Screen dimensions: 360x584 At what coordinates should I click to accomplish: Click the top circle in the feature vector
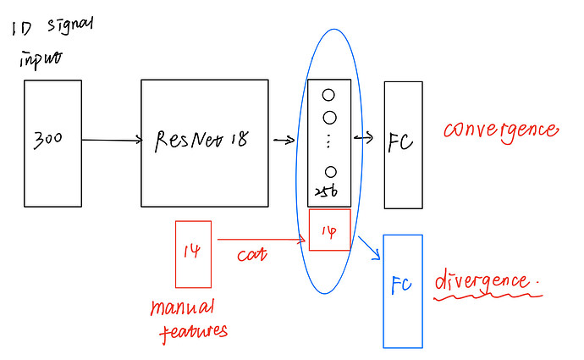point(329,96)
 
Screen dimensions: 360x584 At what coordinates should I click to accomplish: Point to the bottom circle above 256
point(330,172)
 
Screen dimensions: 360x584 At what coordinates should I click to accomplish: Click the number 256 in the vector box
point(328,193)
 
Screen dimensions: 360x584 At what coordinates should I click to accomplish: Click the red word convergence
point(501,131)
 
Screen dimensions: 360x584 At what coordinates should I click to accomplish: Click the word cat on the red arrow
point(251,253)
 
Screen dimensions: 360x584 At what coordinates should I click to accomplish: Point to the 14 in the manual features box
point(192,252)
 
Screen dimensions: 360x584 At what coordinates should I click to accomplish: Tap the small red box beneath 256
point(329,230)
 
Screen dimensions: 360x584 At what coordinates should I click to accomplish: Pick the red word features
point(193,330)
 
